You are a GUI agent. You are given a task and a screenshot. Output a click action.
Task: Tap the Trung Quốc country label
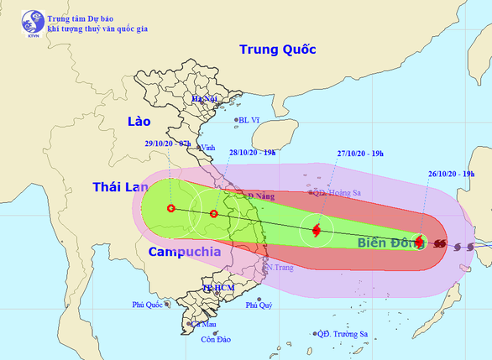pyautogui.click(x=277, y=50)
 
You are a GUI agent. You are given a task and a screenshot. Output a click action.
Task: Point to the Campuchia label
pyautogui.click(x=184, y=251)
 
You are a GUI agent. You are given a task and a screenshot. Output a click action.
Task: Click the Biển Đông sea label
pyautogui.click(x=388, y=243)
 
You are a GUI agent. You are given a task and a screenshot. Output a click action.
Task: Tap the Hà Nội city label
pyautogui.click(x=204, y=99)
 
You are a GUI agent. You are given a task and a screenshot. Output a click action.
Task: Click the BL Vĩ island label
pyautogui.click(x=251, y=120)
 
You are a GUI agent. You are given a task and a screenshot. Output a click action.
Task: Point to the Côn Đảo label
pyautogui.click(x=215, y=340)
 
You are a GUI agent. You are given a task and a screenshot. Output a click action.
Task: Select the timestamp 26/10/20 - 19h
pyautogui.click(x=450, y=174)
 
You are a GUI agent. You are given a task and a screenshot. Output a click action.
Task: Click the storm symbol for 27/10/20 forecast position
pyautogui.click(x=317, y=229)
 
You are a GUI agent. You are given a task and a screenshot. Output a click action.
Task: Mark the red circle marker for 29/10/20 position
pyautogui.click(x=171, y=208)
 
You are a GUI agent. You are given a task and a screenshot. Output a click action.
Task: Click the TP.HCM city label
pyautogui.click(x=216, y=288)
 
